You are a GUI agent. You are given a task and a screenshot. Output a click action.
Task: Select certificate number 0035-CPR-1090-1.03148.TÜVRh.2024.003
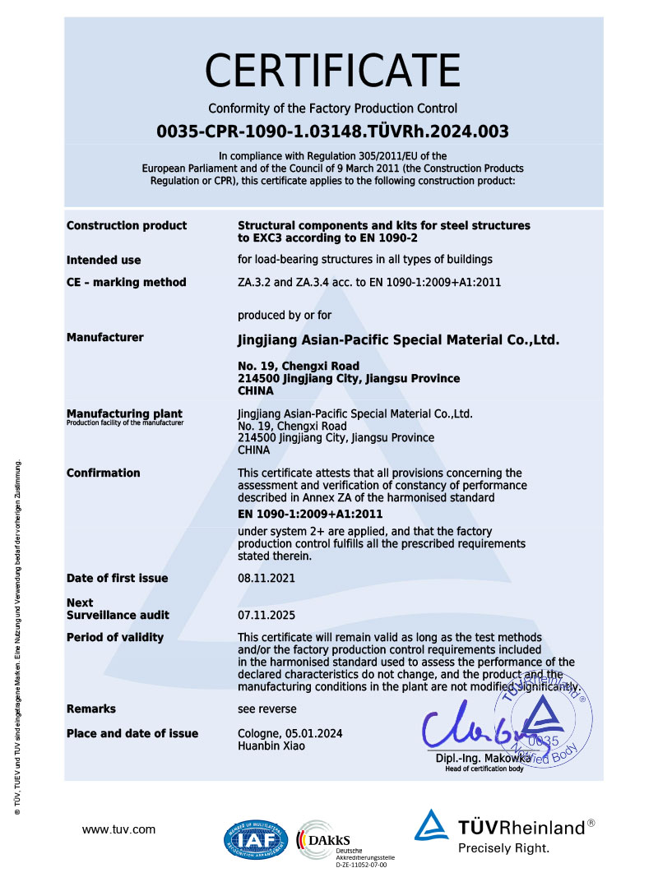(x=332, y=131)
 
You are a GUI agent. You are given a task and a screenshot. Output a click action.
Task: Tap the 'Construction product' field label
(x=127, y=225)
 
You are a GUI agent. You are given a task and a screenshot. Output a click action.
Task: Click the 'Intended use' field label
(x=104, y=260)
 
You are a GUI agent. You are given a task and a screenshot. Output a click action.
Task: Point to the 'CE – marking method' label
(x=127, y=282)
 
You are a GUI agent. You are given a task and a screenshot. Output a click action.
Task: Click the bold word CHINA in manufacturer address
(x=254, y=391)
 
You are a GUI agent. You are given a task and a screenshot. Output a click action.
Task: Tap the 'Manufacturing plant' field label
(x=124, y=413)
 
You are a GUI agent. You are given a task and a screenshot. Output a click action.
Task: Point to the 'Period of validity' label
(x=115, y=637)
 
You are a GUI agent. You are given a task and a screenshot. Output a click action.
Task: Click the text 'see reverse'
(x=267, y=709)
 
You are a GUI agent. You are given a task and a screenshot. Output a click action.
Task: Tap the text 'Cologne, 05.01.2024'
(x=290, y=733)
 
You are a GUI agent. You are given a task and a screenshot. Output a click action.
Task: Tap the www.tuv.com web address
(x=118, y=829)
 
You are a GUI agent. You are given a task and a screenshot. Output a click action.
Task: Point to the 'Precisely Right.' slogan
(x=503, y=848)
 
